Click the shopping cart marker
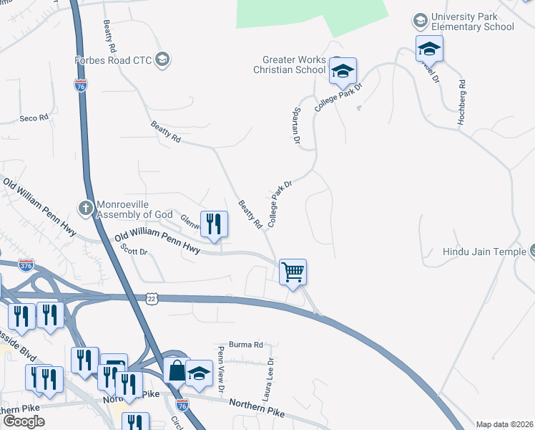coord(293,272)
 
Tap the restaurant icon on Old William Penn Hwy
coord(214,224)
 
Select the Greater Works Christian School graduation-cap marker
coord(343,70)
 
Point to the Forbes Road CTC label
coord(114,60)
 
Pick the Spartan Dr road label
coord(295,125)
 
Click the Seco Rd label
coord(34,118)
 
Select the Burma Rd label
coord(246,345)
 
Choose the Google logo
coord(24,421)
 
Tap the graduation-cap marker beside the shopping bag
coord(200,373)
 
